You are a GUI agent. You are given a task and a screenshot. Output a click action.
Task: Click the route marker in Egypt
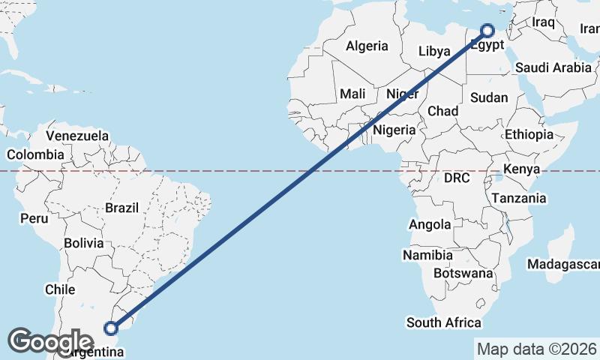tap(487, 31)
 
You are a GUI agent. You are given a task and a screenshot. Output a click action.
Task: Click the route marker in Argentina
tap(111, 328)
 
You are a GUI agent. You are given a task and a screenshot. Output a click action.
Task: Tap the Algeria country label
tap(367, 46)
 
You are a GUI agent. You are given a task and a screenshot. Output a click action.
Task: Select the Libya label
tap(434, 52)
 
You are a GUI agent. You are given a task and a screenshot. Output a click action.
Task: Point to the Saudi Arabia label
tap(553, 67)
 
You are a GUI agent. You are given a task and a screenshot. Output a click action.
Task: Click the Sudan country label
tap(489, 97)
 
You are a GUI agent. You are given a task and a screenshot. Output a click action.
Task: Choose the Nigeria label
tap(394, 130)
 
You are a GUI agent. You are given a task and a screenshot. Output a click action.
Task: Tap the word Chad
tap(442, 111)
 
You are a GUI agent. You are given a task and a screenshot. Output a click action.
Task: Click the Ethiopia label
tap(529, 134)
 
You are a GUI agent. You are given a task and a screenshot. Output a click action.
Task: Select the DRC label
tap(456, 178)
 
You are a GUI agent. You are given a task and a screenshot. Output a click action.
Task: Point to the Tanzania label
tap(519, 199)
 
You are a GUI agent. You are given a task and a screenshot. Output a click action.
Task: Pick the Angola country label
tap(430, 224)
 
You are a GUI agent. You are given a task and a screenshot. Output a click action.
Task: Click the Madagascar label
tap(562, 264)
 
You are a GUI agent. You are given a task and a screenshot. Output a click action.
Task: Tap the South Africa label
tap(443, 322)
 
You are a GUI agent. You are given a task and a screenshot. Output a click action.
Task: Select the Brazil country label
tap(121, 208)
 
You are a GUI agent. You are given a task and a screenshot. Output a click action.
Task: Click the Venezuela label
tap(77, 136)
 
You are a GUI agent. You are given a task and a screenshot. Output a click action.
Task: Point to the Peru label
tap(34, 218)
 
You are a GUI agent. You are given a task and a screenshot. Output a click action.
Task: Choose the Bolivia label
tap(83, 243)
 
